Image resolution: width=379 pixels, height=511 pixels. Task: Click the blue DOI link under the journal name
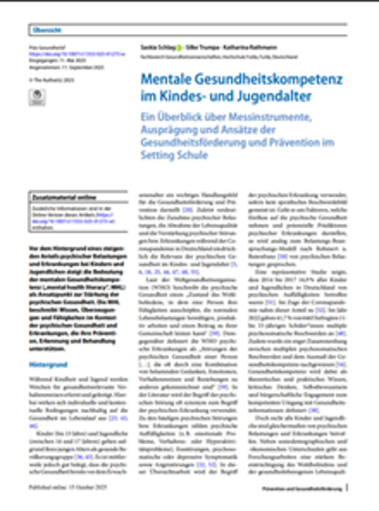55,54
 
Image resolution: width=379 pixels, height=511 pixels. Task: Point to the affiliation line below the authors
217,57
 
